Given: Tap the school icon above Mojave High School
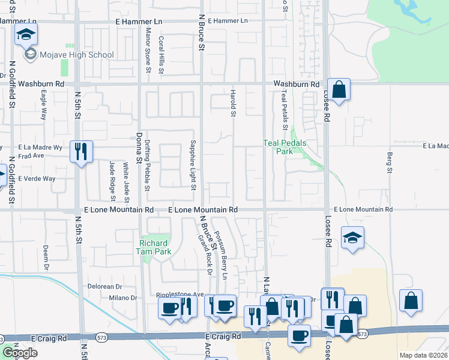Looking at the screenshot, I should click(x=26, y=35).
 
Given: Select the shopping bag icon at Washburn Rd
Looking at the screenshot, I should click(x=339, y=90).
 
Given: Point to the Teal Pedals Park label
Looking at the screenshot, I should click(x=285, y=147).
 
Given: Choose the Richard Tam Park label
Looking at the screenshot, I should click(x=155, y=248).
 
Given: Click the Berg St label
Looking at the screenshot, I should click(x=389, y=163).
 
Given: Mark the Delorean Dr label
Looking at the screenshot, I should click(x=105, y=286).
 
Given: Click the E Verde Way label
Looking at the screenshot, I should click(x=37, y=179).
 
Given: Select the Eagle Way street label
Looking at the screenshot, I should click(x=43, y=106).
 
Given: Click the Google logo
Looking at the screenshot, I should click(x=20, y=353).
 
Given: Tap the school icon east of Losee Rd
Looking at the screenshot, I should click(x=353, y=238).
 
